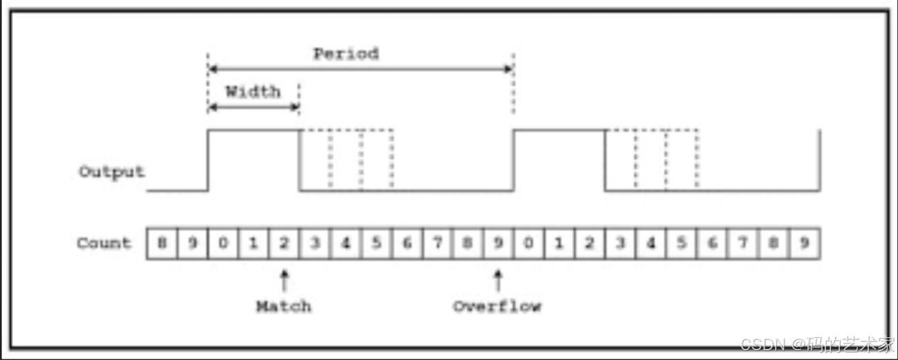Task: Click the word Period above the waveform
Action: pyautogui.click(x=345, y=54)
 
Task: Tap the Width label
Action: pyautogui.click(x=253, y=92)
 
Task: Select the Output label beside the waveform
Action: pyautogui.click(x=111, y=172)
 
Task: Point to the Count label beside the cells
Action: pyautogui.click(x=104, y=243)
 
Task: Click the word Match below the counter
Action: pyautogui.click(x=283, y=306)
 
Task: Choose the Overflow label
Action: pyautogui.click(x=497, y=306)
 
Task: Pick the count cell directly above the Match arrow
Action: pyautogui.click(x=283, y=244)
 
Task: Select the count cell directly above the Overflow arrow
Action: pyautogui.click(x=497, y=244)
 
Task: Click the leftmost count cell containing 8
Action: pyautogui.click(x=162, y=244)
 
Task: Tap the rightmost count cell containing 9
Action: pyautogui.click(x=804, y=244)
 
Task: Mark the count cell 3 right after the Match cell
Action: pyautogui.click(x=314, y=244)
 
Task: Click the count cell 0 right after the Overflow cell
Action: pyautogui.click(x=528, y=244)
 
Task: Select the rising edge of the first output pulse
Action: pyautogui.click(x=208, y=159)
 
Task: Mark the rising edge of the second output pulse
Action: pyautogui.click(x=513, y=159)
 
